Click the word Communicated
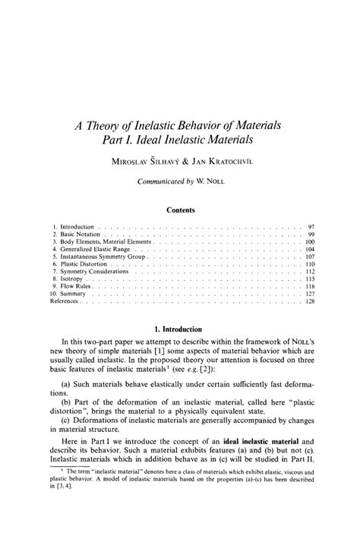pyautogui.click(x=161, y=182)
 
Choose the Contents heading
pyautogui.click(x=180, y=210)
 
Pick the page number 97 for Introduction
pyautogui.click(x=311, y=227)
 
